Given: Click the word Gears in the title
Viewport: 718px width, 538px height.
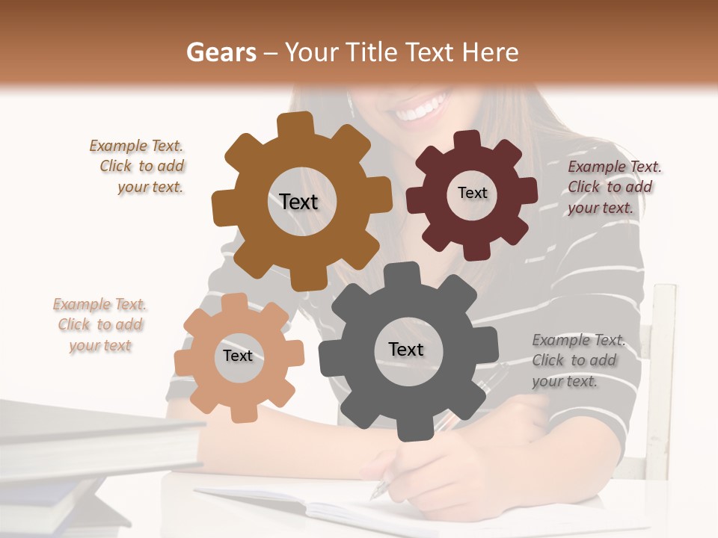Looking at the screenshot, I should pyautogui.click(x=221, y=52).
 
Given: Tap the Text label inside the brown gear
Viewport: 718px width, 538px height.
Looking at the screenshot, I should pyautogui.click(x=298, y=202).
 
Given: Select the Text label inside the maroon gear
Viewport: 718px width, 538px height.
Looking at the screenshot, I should pyautogui.click(x=472, y=193).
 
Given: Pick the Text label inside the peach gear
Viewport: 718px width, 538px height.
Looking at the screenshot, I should pyautogui.click(x=238, y=356).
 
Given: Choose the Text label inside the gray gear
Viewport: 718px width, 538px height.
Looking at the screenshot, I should pyautogui.click(x=406, y=349).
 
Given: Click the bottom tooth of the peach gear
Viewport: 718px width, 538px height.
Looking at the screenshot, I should pyautogui.click(x=242, y=412).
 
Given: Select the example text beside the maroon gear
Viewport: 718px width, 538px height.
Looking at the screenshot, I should pyautogui.click(x=614, y=187).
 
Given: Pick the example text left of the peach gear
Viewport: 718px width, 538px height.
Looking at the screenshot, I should pyautogui.click(x=100, y=325).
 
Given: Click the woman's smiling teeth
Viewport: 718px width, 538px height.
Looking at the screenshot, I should pyautogui.click(x=423, y=109).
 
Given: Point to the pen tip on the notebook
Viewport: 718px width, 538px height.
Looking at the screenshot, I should pyautogui.click(x=375, y=495).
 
